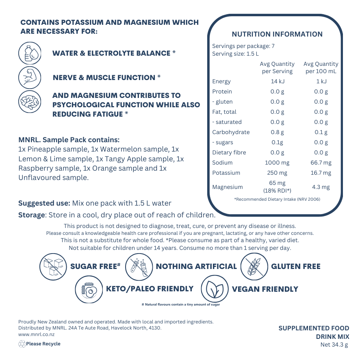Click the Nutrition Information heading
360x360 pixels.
pyautogui.click(x=277, y=35)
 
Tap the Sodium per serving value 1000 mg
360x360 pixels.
pyautogui.click(x=277, y=163)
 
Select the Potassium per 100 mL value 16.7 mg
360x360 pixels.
pyautogui.click(x=321, y=173)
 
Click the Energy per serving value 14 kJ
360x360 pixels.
pyautogui.click(x=277, y=81)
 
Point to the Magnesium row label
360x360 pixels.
pyautogui.click(x=228, y=187)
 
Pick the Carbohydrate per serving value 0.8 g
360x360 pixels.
pyautogui.click(x=277, y=132)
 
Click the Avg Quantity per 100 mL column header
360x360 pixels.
pyautogui.click(x=321, y=67)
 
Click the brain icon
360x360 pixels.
pyautogui.click(x=30, y=102)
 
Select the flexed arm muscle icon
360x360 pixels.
pyautogui.click(x=30, y=77)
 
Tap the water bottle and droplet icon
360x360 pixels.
pyautogui.click(x=30, y=53)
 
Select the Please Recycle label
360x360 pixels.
pyautogui.click(x=43, y=344)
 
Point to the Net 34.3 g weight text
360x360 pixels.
pyautogui.click(x=334, y=345)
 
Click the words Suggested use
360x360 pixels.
pyautogui.click(x=44, y=203)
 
